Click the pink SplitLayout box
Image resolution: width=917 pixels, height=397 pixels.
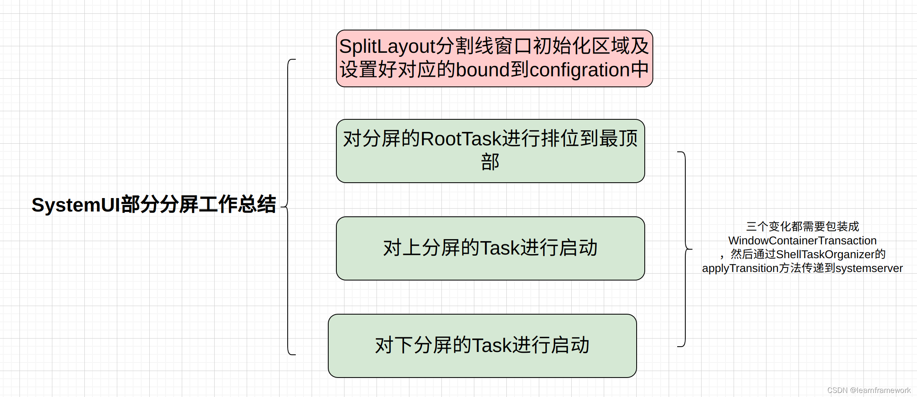pyautogui.click(x=494, y=58)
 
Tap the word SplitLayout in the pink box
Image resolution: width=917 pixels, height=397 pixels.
pyautogui.click(x=387, y=46)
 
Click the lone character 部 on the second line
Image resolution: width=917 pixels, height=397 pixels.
pyautogui.click(x=490, y=162)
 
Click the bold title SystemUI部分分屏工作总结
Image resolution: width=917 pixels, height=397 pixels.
pyautogui.click(x=154, y=205)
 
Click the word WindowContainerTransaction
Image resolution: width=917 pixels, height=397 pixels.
pyautogui.click(x=802, y=241)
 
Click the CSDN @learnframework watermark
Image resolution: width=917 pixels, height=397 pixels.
pyautogui.click(x=868, y=390)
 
